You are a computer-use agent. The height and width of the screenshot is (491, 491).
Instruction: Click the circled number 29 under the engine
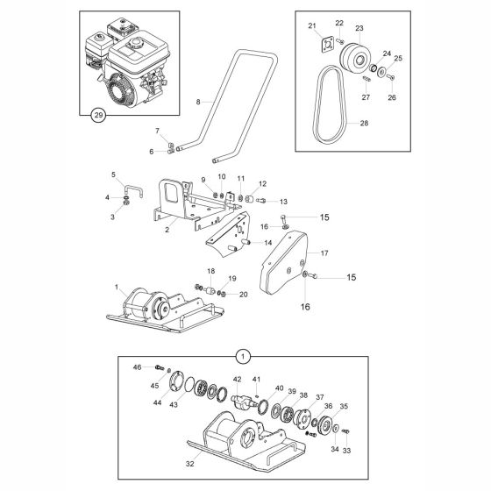coord(98,115)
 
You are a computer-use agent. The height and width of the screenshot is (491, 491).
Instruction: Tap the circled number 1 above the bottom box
coord(243,356)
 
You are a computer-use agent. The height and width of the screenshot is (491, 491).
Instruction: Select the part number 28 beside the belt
coord(364,123)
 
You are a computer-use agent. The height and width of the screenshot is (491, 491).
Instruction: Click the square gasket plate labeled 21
coord(327,44)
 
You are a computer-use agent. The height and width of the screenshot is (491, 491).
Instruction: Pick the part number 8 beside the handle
coord(198,102)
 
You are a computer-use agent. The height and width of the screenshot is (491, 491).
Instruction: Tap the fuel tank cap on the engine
coord(137,42)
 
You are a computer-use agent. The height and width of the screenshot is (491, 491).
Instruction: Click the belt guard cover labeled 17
coord(284,263)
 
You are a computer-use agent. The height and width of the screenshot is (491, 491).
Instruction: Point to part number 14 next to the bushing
coord(268,242)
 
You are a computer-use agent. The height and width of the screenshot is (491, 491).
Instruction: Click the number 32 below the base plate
coord(189,464)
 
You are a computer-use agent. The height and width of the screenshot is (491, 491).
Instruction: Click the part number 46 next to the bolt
coord(137,367)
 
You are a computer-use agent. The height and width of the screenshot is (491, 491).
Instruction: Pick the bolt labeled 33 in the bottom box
coord(345,431)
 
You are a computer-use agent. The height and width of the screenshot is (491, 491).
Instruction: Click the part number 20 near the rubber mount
coord(244,294)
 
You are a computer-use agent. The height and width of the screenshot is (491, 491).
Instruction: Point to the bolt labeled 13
coord(261,201)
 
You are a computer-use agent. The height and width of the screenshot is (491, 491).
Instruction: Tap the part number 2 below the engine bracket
coord(167,230)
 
